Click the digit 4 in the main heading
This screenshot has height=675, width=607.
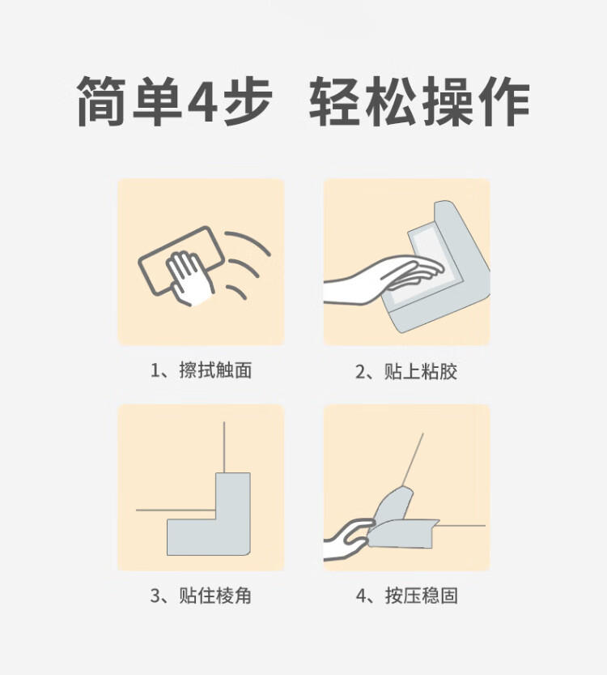pos(203,101)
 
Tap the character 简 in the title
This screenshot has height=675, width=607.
pos(101,101)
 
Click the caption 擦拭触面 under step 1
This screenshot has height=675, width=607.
pos(215,370)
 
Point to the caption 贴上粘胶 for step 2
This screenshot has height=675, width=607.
pos(421,371)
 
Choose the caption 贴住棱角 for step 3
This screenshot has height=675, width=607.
pos(215,596)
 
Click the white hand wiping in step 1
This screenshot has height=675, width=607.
pos(189,279)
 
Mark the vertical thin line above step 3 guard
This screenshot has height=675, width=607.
pos(224,447)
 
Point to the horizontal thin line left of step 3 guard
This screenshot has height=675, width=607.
pos(176,511)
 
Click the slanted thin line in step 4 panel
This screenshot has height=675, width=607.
pos(413,459)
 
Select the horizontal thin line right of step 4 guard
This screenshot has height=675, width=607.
pos(461,526)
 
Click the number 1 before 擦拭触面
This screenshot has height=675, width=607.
pos(155,370)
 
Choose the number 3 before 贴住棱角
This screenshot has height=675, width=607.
pos(155,596)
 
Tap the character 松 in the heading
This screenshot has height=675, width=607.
pos(390,101)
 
